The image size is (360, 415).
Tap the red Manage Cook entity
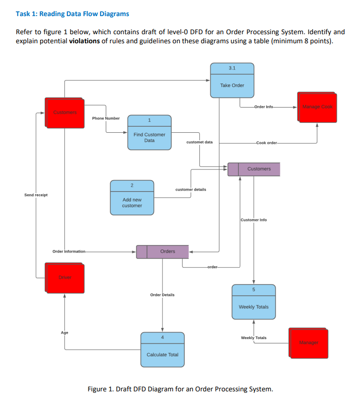[317, 107]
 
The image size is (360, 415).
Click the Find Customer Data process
[149, 133]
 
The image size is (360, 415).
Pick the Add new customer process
[132, 198]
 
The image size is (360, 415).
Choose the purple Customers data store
[254, 169]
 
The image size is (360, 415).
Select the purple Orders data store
[163, 252]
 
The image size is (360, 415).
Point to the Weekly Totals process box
[253, 302]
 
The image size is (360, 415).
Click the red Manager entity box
[309, 343]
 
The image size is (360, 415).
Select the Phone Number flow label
[106, 118]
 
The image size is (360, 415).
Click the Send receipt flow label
[36, 195]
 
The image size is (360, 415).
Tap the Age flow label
[64, 333]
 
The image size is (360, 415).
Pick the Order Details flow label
[162, 295]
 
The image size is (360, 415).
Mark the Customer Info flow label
[254, 220]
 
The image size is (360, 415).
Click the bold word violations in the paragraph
[85, 40]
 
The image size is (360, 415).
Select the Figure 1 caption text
[180, 389]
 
